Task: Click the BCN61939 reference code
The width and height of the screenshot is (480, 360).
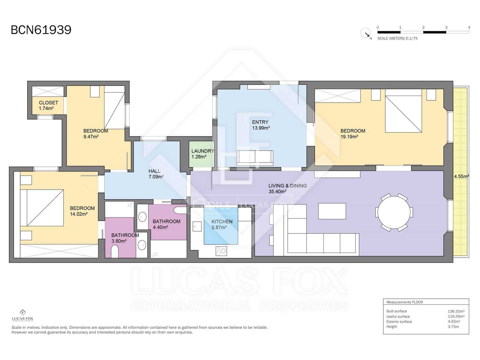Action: point(41,30)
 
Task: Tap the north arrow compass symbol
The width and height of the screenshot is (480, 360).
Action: point(365,33)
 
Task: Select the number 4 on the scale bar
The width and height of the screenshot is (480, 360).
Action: point(469,27)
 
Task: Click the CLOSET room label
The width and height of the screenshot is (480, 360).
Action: point(48,103)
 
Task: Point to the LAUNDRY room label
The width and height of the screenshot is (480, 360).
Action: point(202,151)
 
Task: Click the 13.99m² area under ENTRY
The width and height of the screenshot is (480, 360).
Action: point(261,128)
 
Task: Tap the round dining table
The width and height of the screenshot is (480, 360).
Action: point(394,212)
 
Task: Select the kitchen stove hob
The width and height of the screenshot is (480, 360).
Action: point(221,251)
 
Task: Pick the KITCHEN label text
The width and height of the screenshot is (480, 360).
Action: point(222,221)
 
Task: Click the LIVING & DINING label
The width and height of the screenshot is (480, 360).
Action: point(287,186)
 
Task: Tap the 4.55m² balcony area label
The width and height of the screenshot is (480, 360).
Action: point(461,177)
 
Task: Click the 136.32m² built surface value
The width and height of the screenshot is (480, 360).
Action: point(456,311)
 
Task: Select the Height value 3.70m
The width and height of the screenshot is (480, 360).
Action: point(453,327)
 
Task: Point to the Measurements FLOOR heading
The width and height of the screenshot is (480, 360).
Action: point(404,302)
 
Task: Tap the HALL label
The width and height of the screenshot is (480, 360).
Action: point(154,171)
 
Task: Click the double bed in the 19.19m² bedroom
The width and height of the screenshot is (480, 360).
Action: point(403,114)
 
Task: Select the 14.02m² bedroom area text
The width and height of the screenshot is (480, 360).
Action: point(79,214)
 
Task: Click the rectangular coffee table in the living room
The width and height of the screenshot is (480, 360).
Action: point(332,211)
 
